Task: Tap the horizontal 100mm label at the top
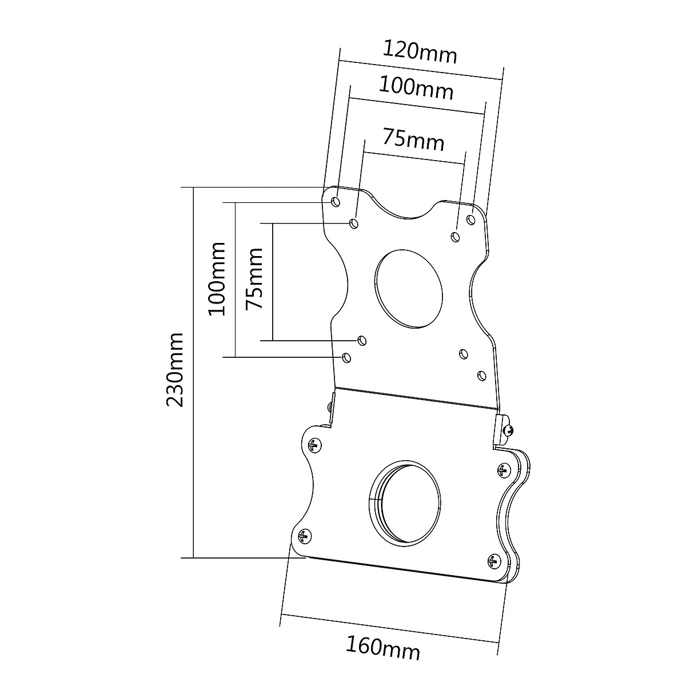(416, 88)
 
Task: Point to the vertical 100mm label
(217, 278)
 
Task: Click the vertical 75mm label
(253, 278)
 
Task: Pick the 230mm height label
(174, 369)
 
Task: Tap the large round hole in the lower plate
(405, 501)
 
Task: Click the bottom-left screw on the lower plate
(304, 536)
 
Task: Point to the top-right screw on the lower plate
(502, 470)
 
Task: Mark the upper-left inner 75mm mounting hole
(354, 222)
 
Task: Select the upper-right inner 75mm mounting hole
(456, 236)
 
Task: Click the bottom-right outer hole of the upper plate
(481, 375)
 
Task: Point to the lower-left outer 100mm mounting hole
(345, 357)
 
